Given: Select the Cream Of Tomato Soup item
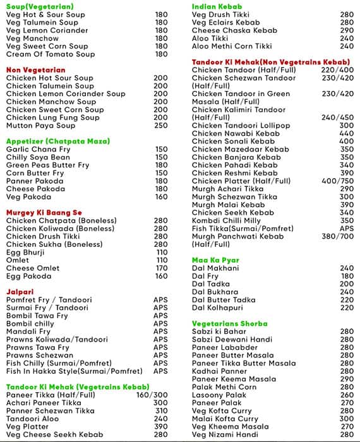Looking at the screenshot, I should pyautogui.click(x=51, y=54).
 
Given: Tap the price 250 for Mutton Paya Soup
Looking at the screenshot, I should pyautogui.click(x=160, y=126).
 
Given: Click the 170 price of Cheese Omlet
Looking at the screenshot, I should pyautogui.click(x=162, y=268).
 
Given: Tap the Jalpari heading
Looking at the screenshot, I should pyautogui.click(x=20, y=292).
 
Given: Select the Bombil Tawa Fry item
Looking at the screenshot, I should pyautogui.click(x=37, y=316).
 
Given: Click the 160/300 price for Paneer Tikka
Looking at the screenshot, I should pyautogui.click(x=152, y=395).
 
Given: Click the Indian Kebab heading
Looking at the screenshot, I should pyautogui.click(x=219, y=6).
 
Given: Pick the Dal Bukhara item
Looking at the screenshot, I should pyautogui.click(x=215, y=292).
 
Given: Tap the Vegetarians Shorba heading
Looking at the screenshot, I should pyautogui.click(x=230, y=323).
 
